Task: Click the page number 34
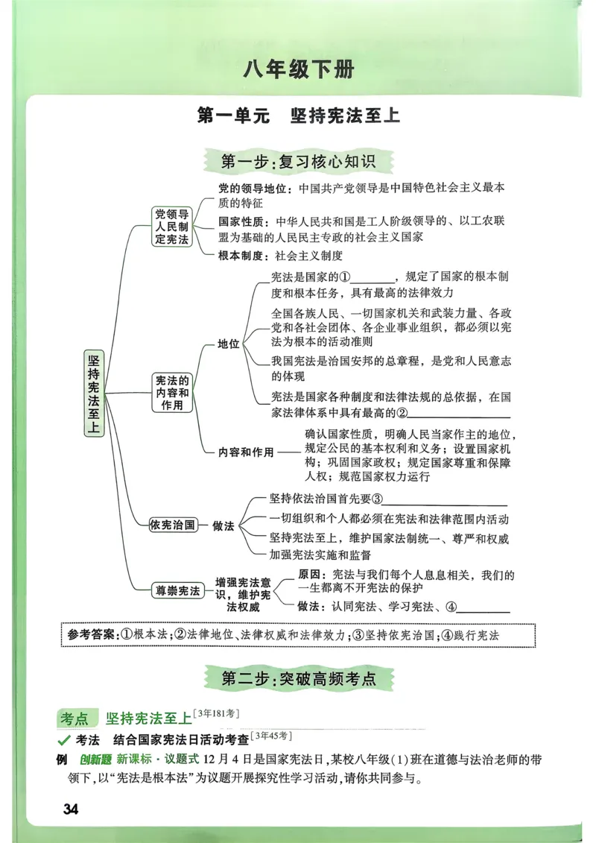[71, 809]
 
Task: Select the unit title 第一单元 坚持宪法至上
[298, 116]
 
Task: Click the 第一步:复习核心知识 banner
[298, 161]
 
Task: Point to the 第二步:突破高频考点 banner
[298, 679]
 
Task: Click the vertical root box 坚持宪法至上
[94, 393]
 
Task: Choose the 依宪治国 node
[173, 525]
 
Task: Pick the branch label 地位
[228, 344]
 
